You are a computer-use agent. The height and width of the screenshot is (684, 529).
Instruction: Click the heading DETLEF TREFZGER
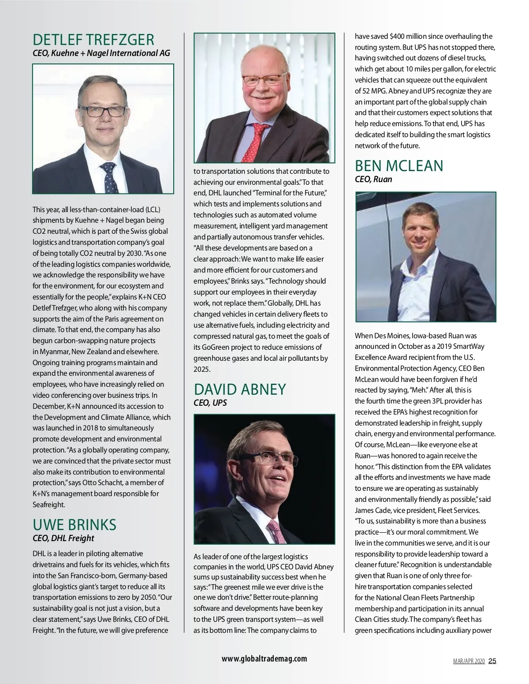click(93, 40)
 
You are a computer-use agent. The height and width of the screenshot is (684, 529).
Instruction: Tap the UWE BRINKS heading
click(75, 525)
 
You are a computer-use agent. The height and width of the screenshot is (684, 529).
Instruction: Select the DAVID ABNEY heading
click(240, 389)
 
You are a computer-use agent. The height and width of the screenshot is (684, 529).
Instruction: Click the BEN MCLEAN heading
click(399, 166)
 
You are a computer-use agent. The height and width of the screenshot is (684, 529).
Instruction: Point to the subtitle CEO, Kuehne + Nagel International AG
click(101, 53)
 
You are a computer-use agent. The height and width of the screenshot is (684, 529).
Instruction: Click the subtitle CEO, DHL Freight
click(63, 538)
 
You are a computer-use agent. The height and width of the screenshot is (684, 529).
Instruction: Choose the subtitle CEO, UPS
click(210, 403)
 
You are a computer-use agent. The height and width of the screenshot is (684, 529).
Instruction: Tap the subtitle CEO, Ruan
click(373, 179)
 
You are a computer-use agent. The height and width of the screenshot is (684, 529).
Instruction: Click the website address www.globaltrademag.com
click(264, 659)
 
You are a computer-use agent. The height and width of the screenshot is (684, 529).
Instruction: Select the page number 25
click(492, 661)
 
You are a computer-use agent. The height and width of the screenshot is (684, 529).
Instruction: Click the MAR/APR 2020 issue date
click(469, 661)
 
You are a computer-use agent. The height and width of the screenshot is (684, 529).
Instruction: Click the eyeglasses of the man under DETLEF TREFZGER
click(101, 111)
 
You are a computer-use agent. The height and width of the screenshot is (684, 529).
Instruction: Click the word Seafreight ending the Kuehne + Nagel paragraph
click(48, 505)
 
